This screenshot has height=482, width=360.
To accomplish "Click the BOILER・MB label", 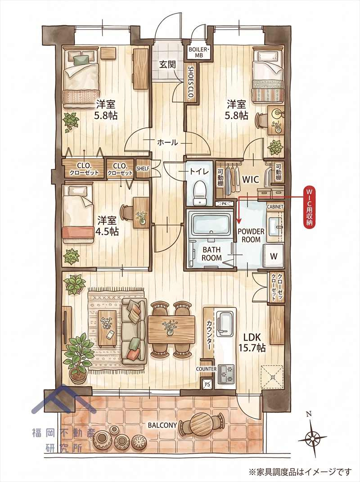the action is click(x=199, y=52).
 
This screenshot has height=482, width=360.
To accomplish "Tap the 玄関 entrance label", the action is click(x=167, y=64).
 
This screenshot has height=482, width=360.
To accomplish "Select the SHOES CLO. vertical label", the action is click(x=191, y=82).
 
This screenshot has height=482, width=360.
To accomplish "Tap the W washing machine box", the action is click(x=274, y=256).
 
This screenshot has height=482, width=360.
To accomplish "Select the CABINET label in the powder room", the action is click(x=275, y=207).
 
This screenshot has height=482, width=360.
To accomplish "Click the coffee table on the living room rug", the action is click(x=107, y=329).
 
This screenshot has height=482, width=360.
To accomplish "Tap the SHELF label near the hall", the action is click(x=143, y=168).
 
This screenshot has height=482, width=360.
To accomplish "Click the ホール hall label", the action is click(x=167, y=142).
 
